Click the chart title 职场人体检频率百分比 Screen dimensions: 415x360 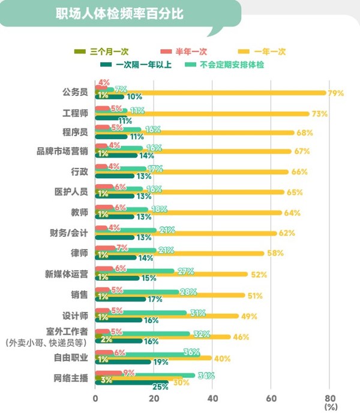119,13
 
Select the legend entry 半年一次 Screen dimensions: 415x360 184,52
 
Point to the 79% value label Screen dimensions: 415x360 335,93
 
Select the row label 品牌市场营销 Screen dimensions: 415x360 62,152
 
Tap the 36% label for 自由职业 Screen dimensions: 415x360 191,352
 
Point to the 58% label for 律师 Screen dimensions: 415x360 275,253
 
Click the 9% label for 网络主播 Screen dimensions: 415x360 128,372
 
